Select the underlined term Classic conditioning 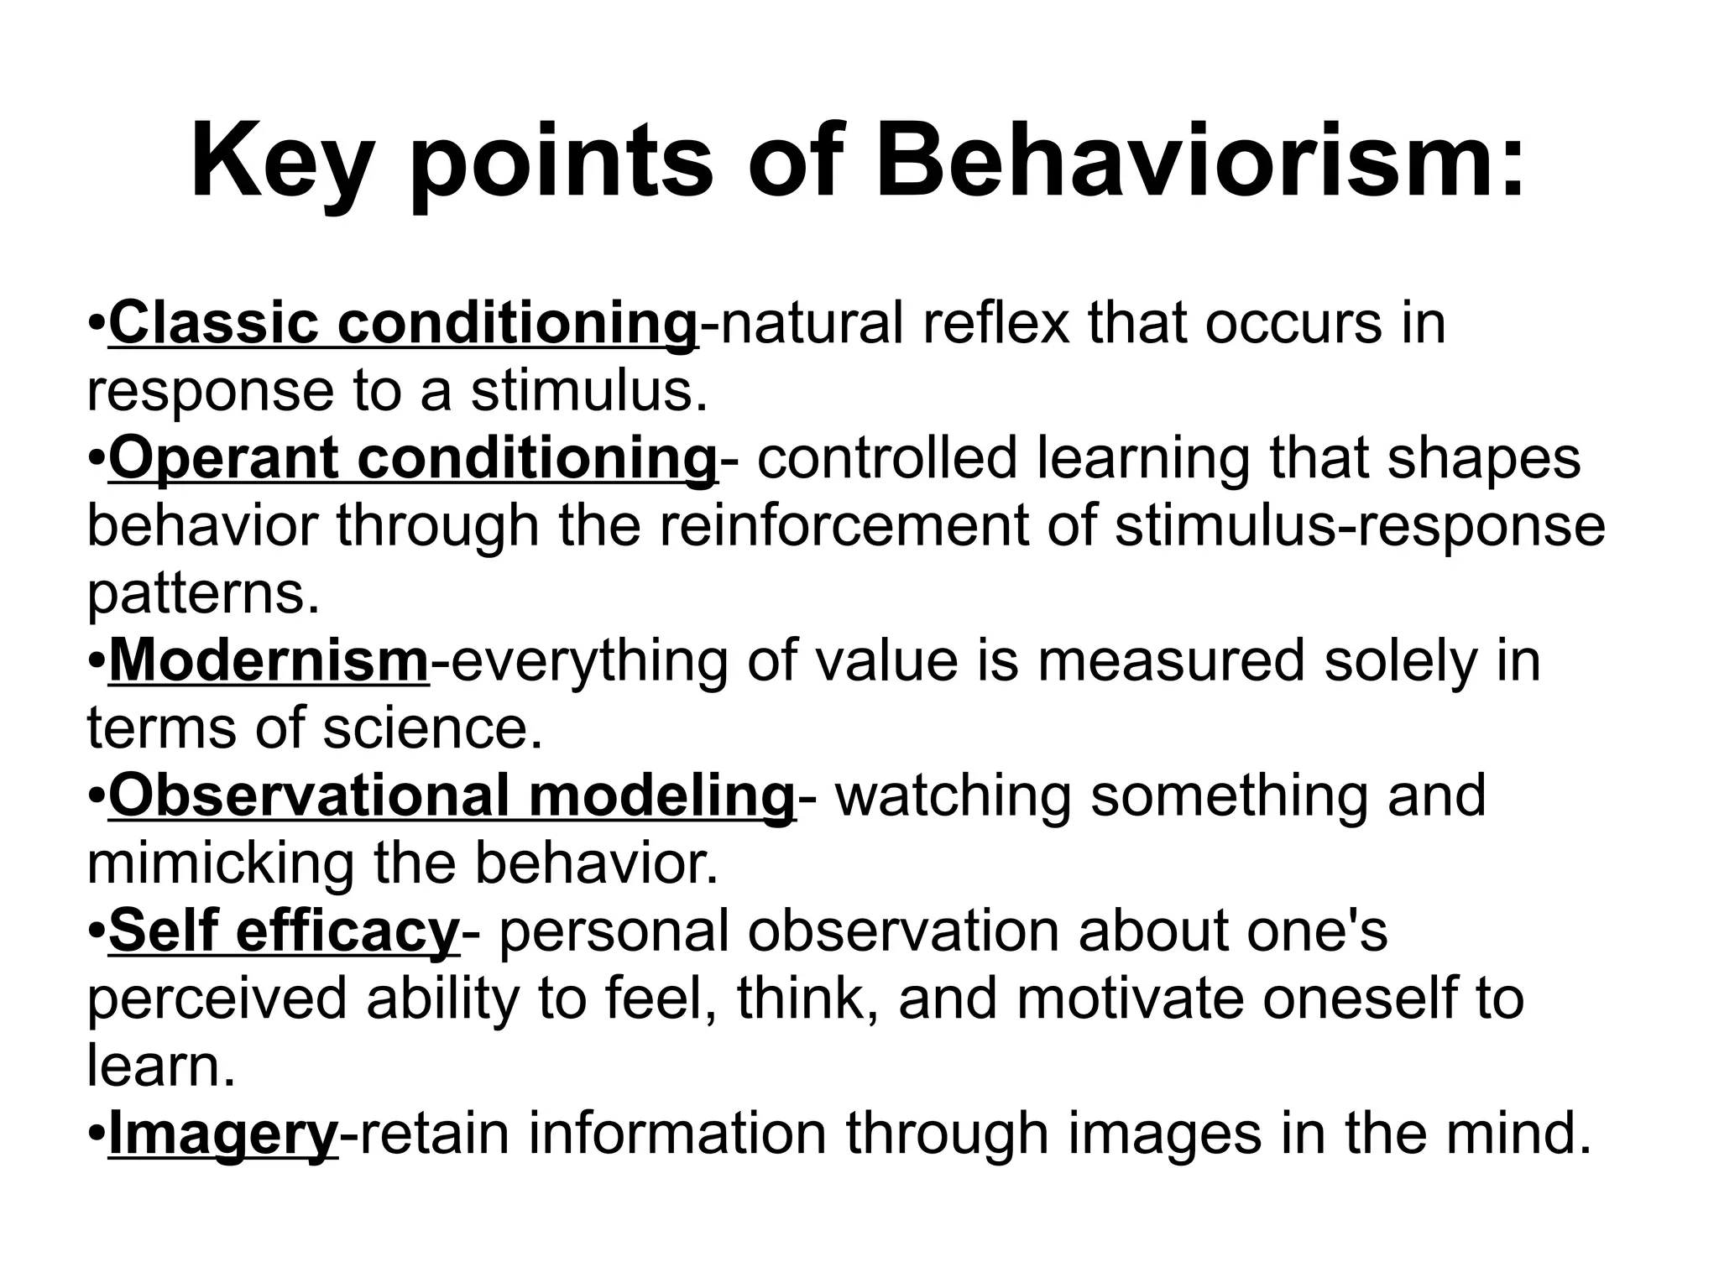(x=402, y=323)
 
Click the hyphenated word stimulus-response (x=1359, y=526)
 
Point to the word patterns (x=202, y=594)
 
